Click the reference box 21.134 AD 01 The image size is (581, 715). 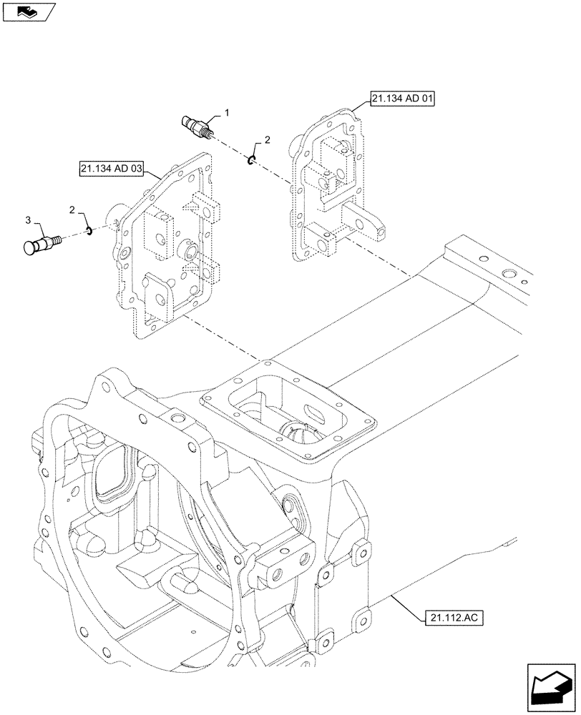403,97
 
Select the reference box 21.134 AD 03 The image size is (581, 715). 112,169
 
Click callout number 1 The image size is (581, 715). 227,113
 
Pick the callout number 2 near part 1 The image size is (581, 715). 267,141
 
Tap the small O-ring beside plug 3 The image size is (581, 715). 89,230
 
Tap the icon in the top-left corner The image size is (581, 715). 27,11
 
